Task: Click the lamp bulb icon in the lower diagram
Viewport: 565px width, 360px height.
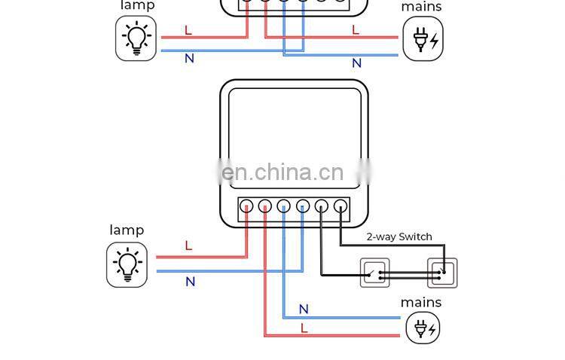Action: pos(127,265)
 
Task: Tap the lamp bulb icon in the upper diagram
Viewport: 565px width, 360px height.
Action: pos(136,38)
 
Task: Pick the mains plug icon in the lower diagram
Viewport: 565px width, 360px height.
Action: pos(423,328)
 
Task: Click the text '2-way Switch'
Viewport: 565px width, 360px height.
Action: pos(399,236)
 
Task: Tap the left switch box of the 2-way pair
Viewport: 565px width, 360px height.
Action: pos(374,273)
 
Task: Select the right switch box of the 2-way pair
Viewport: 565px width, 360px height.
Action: pos(442,273)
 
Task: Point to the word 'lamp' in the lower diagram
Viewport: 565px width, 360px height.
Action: pos(127,230)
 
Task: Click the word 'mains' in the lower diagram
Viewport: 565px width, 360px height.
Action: pos(421,302)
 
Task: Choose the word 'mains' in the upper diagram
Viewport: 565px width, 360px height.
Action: pos(421,7)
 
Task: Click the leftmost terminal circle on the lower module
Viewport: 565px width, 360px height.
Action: pos(246,206)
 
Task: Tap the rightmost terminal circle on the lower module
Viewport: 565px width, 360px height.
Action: pos(341,206)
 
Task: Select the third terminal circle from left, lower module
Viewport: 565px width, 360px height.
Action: pos(284,206)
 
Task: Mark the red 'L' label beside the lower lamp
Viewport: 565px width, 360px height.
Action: pos(188,246)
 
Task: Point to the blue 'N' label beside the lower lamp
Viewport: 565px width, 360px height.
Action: pos(190,282)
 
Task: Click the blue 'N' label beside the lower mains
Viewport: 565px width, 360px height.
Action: pos(304,309)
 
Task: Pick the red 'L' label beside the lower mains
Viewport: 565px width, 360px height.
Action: pos(304,328)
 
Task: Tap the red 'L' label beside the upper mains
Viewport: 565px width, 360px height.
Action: pos(355,30)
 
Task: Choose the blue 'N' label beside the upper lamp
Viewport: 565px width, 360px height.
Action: pos(189,58)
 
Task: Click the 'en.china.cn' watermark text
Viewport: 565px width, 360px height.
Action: pos(283,173)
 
